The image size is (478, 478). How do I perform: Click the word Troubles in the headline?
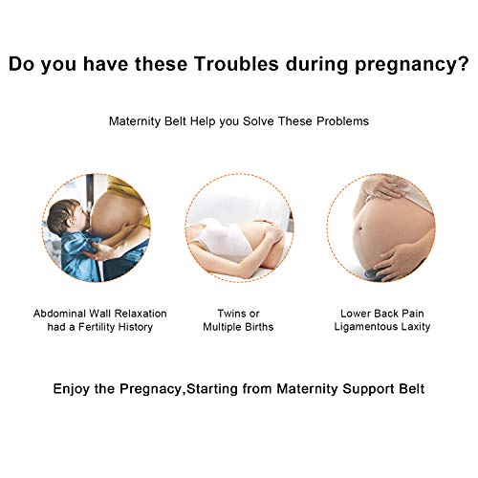click(236, 64)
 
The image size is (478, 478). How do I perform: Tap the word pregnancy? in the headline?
click(412, 66)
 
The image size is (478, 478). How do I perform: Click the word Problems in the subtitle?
click(342, 121)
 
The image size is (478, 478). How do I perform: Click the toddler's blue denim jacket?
click(79, 255)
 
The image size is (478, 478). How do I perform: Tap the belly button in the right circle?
click(360, 228)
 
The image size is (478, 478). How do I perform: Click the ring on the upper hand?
click(396, 185)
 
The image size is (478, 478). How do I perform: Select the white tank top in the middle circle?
click(223, 239)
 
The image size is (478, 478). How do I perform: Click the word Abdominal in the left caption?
click(59, 314)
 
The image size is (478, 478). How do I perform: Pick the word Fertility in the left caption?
click(97, 327)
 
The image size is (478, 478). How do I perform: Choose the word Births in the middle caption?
click(260, 327)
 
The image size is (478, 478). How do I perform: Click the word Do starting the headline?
click(22, 64)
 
